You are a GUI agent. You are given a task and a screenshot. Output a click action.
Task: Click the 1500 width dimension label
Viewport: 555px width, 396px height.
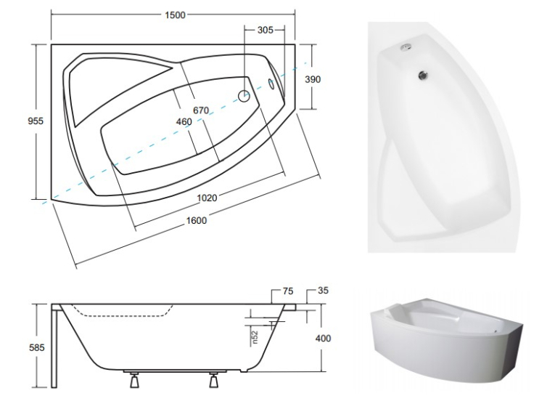[x=176, y=15]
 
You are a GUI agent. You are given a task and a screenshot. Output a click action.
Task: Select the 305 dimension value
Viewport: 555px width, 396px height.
[x=265, y=30]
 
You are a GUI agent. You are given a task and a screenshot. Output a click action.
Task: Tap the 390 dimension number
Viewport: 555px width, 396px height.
[x=313, y=79]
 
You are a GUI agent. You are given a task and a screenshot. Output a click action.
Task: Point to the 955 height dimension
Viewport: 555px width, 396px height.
[x=36, y=121]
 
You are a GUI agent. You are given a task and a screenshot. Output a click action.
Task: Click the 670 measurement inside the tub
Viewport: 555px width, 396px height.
[x=201, y=110]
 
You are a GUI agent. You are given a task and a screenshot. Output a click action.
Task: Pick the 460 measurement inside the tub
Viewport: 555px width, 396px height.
[x=184, y=122]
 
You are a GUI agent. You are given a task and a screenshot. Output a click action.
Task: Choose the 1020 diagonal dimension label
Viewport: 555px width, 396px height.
[x=207, y=198]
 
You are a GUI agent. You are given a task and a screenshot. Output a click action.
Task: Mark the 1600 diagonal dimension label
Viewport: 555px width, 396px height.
[x=197, y=220]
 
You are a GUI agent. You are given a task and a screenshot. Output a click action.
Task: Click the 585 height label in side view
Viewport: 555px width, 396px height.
[x=37, y=347]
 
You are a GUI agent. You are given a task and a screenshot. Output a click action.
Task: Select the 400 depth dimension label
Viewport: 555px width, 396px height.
[x=323, y=338]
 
